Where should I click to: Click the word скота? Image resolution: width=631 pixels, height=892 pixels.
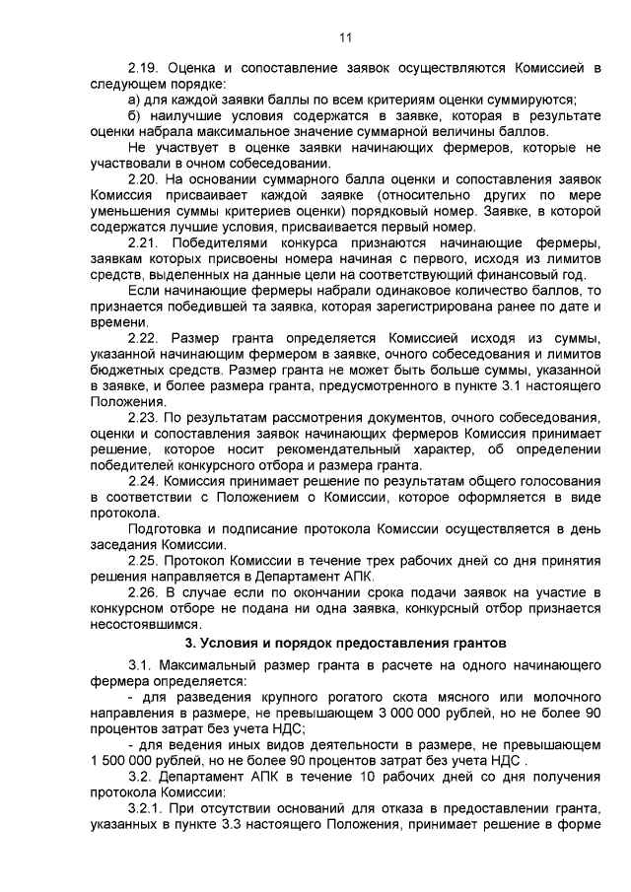[x=407, y=697]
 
